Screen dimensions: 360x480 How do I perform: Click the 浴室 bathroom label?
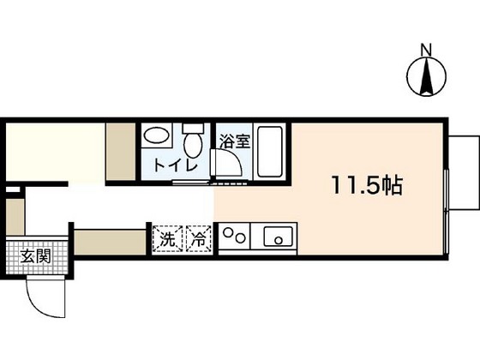tap(234, 142)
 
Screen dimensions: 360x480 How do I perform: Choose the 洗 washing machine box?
tap(166, 238)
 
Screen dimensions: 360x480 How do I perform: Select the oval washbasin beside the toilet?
tap(156, 135)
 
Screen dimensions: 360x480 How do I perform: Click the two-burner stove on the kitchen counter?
tap(235, 236)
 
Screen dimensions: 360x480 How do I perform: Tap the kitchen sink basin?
tap(279, 236)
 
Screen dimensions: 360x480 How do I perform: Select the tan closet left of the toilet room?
tap(120, 151)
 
